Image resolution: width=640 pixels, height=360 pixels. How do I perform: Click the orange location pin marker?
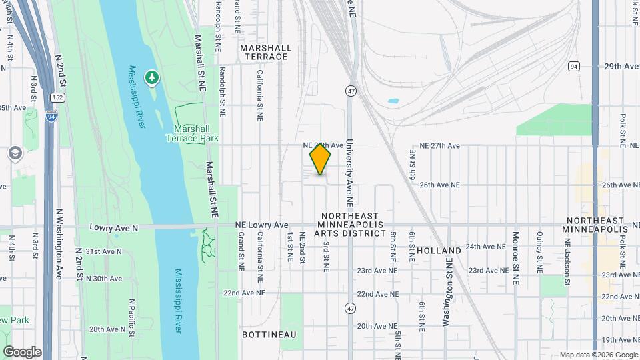point(321,159)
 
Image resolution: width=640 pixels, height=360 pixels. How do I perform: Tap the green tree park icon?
point(153,78)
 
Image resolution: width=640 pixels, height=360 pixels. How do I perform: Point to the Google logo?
point(22,352)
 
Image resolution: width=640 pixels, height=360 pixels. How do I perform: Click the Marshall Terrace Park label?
point(196,133)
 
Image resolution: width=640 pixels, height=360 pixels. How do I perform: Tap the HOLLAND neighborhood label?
point(439,251)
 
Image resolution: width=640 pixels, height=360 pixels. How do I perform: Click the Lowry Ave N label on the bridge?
point(114,228)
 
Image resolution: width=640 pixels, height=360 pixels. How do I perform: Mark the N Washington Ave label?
point(59,244)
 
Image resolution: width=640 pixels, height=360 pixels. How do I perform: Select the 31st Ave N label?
point(104,251)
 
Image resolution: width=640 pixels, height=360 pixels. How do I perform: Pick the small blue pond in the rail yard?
point(393,102)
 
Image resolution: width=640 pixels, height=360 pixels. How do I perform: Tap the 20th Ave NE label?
point(373,326)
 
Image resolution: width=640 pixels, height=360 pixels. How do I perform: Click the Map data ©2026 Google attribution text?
point(598,355)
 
